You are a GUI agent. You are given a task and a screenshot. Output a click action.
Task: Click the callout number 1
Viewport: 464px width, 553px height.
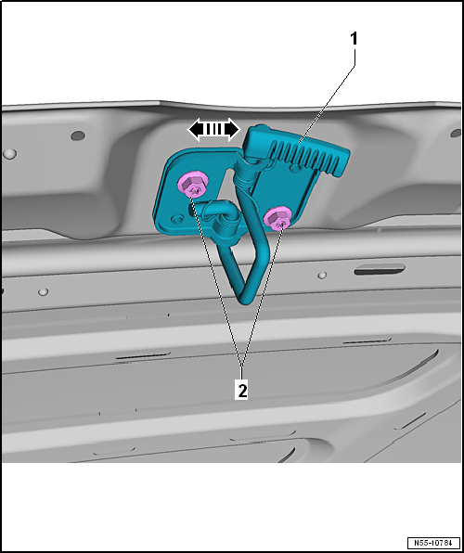[354, 39]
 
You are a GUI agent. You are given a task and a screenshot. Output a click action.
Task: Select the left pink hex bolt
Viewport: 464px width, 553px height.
[193, 186]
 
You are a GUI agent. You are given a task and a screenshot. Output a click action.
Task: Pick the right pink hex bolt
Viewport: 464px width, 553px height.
[277, 217]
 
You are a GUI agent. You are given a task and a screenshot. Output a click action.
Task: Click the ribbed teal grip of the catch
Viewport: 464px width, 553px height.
[309, 158]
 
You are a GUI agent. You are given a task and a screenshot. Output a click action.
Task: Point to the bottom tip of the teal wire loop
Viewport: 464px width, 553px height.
[245, 301]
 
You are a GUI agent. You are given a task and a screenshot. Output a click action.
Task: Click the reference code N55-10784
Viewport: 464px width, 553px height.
[433, 542]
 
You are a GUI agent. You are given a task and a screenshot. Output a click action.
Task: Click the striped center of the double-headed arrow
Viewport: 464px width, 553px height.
[214, 130]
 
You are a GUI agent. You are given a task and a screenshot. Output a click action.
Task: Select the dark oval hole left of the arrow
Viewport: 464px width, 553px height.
[78, 135]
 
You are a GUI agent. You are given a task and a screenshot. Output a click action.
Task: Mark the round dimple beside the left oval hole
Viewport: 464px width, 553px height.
[9, 153]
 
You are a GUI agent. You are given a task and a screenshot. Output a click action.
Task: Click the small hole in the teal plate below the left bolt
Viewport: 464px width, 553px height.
[176, 220]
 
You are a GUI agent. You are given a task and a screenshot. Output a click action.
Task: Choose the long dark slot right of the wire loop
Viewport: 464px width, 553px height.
[380, 270]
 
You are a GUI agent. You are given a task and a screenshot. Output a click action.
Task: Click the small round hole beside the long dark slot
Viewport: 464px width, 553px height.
[321, 276]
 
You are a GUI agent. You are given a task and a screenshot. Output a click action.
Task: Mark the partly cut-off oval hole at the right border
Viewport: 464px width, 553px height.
[457, 134]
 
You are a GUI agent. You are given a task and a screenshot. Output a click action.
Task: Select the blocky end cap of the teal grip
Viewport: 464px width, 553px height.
[256, 138]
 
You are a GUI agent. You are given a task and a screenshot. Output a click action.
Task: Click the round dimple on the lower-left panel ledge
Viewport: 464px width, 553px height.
[43, 292]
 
